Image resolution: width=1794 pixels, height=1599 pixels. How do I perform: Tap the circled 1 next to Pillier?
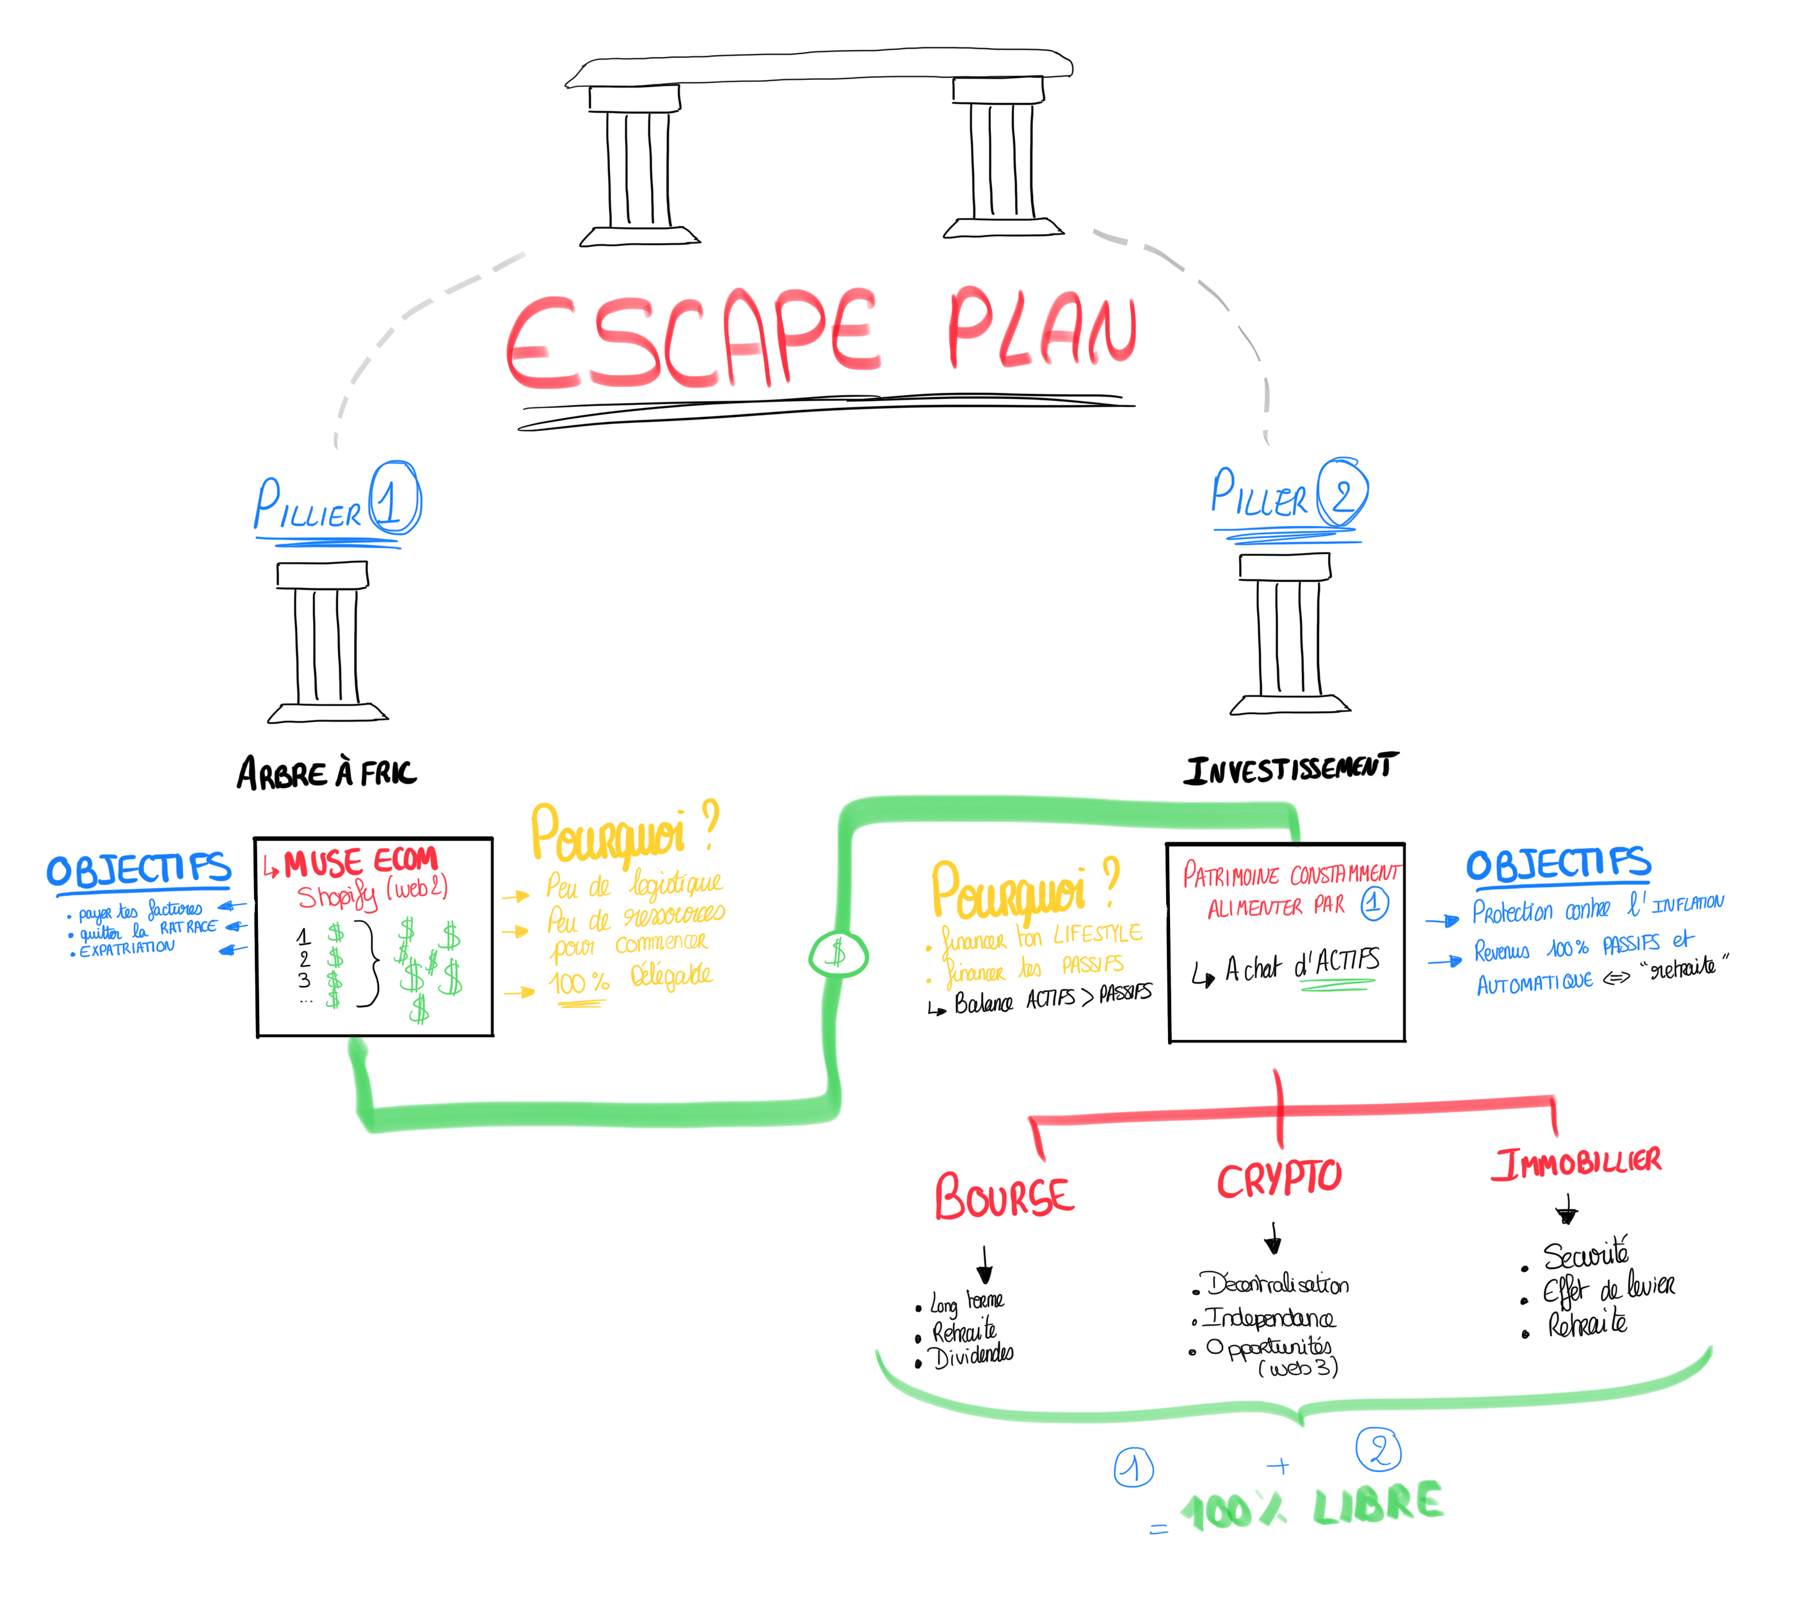click(x=395, y=498)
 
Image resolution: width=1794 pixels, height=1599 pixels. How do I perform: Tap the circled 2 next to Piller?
click(x=1341, y=493)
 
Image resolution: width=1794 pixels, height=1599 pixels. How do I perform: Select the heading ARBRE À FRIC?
click(x=326, y=774)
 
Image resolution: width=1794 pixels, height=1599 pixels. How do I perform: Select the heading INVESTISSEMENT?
click(x=1290, y=769)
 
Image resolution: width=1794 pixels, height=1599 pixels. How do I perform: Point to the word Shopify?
click(x=337, y=896)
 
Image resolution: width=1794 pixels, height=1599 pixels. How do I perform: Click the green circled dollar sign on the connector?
click(x=838, y=954)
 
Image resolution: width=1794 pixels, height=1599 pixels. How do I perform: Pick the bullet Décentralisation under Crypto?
click(x=1277, y=1284)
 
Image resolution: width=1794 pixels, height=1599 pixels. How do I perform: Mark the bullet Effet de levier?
click(x=1608, y=1289)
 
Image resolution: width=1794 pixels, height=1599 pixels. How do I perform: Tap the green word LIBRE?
click(x=1378, y=1504)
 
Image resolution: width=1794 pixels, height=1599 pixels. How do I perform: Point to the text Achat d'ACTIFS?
click(x=1301, y=966)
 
